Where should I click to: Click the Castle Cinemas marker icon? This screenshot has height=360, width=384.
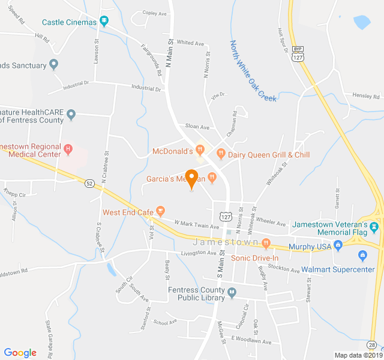(x=105, y=22)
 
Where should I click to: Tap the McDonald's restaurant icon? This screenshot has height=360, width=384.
(x=200, y=150)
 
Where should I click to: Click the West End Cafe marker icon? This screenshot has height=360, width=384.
(x=160, y=211)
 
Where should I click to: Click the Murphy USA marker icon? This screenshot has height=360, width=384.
(x=338, y=244)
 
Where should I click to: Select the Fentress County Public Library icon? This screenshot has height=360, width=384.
(x=233, y=292)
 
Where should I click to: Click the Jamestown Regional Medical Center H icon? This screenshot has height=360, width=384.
(x=68, y=148)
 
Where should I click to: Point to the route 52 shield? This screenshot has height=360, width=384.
(x=89, y=183)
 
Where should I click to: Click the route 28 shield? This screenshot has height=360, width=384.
(x=373, y=344)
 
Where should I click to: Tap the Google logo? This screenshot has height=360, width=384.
(x=20, y=352)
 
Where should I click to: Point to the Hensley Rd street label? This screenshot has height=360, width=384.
(x=366, y=96)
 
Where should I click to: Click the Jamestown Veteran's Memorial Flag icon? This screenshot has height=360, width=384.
(x=374, y=226)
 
